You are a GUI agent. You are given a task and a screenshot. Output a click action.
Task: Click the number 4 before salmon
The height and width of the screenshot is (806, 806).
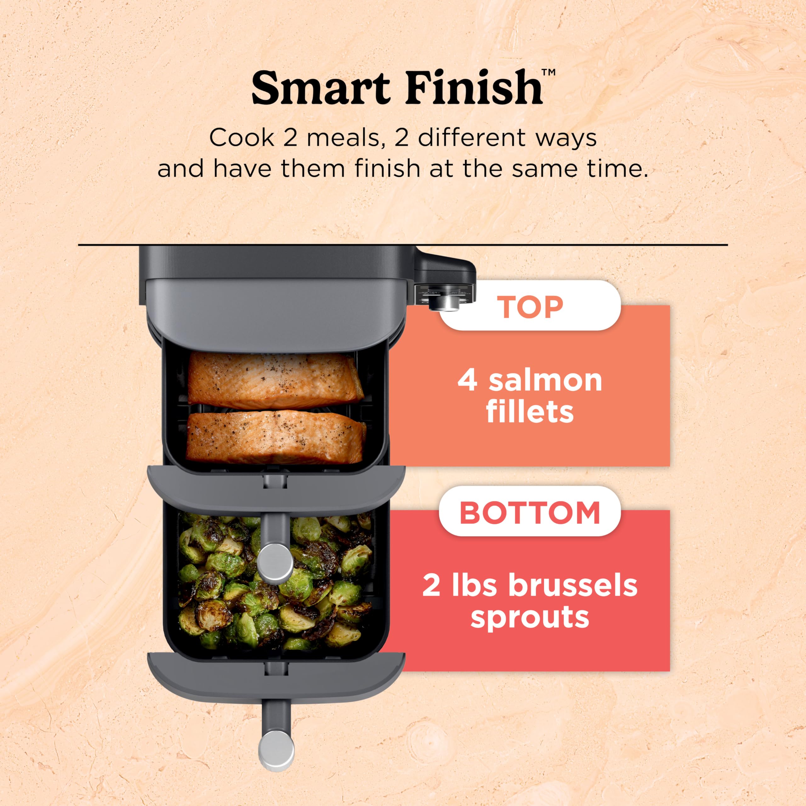pos(467,380)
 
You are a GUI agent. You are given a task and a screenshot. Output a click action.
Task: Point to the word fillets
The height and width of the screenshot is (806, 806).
pos(530,412)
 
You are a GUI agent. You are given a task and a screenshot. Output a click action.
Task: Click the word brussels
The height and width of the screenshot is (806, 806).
pos(572,585)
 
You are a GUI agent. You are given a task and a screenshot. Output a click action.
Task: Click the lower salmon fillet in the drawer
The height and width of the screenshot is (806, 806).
pos(275,436)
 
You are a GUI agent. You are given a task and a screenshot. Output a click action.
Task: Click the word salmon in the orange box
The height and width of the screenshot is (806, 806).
pos(545,380)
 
